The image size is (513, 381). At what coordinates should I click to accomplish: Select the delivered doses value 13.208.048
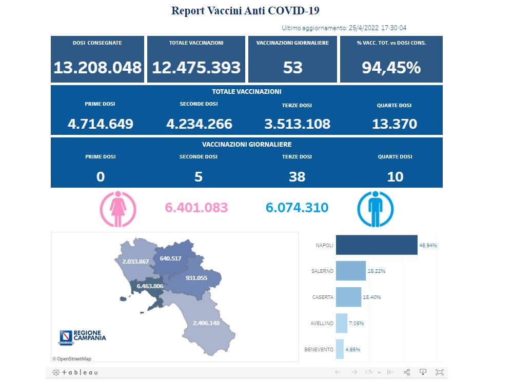(97, 67)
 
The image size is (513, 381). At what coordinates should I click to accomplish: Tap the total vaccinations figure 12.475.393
(196, 67)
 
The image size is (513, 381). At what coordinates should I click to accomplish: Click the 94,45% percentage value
(391, 67)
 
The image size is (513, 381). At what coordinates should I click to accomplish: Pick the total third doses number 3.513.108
(297, 124)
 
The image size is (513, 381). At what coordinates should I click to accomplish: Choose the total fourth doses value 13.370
(394, 124)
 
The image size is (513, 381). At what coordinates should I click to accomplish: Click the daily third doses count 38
(297, 176)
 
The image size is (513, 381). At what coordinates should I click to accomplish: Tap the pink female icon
(118, 209)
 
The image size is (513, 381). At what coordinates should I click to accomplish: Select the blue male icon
(375, 209)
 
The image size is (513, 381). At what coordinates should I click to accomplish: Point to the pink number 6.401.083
(196, 208)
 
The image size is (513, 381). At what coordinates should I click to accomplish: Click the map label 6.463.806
(150, 286)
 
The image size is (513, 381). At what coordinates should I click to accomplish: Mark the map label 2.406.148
(206, 323)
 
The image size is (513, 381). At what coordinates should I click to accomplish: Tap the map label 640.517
(170, 258)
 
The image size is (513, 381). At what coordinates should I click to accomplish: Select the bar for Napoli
(376, 245)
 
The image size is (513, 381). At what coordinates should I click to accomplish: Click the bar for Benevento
(340, 349)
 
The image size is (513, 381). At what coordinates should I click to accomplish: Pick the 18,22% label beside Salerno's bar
(377, 271)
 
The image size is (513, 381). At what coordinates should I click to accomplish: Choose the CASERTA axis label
(323, 297)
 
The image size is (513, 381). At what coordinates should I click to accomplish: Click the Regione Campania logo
(83, 336)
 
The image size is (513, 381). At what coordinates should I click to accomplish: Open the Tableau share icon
(407, 372)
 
